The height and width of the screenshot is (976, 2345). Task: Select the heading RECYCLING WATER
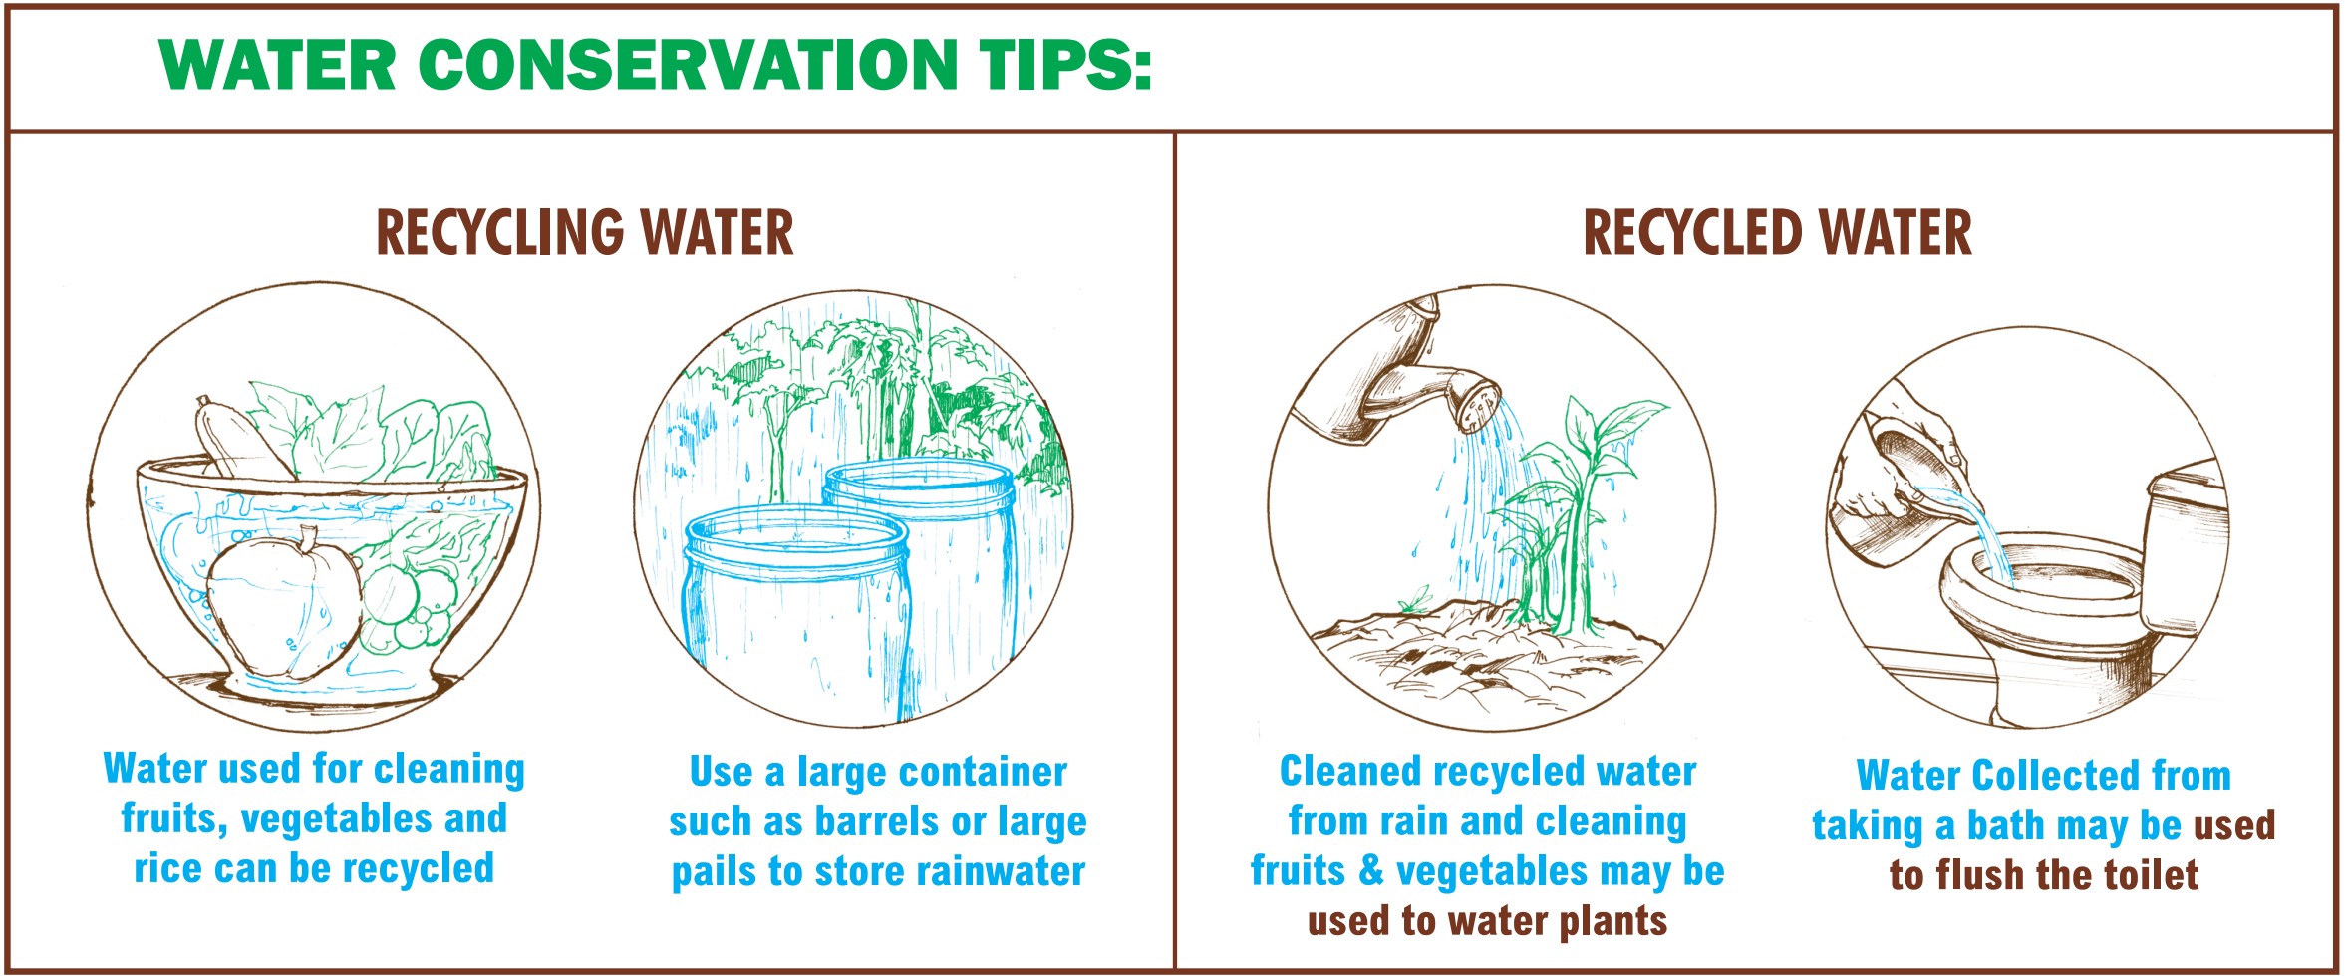(x=585, y=233)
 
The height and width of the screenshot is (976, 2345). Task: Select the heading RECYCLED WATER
(x=1777, y=233)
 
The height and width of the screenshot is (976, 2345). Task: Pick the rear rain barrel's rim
(x=919, y=484)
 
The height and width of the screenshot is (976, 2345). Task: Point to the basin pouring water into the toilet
(x=1918, y=469)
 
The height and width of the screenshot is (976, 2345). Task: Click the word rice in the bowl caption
(x=166, y=868)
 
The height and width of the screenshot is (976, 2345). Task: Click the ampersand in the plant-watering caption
(x=1372, y=871)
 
